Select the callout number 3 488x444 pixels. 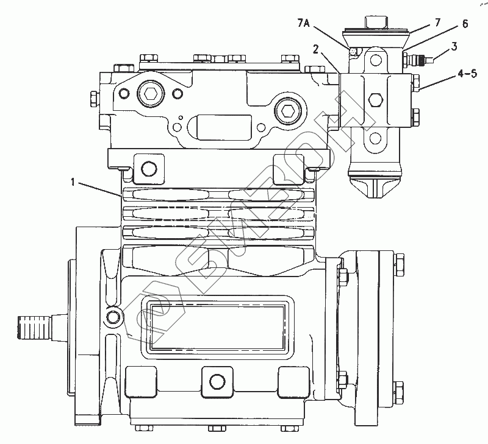point(455,46)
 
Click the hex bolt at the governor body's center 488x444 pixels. point(376,98)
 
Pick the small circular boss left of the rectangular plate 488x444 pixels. point(112,317)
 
